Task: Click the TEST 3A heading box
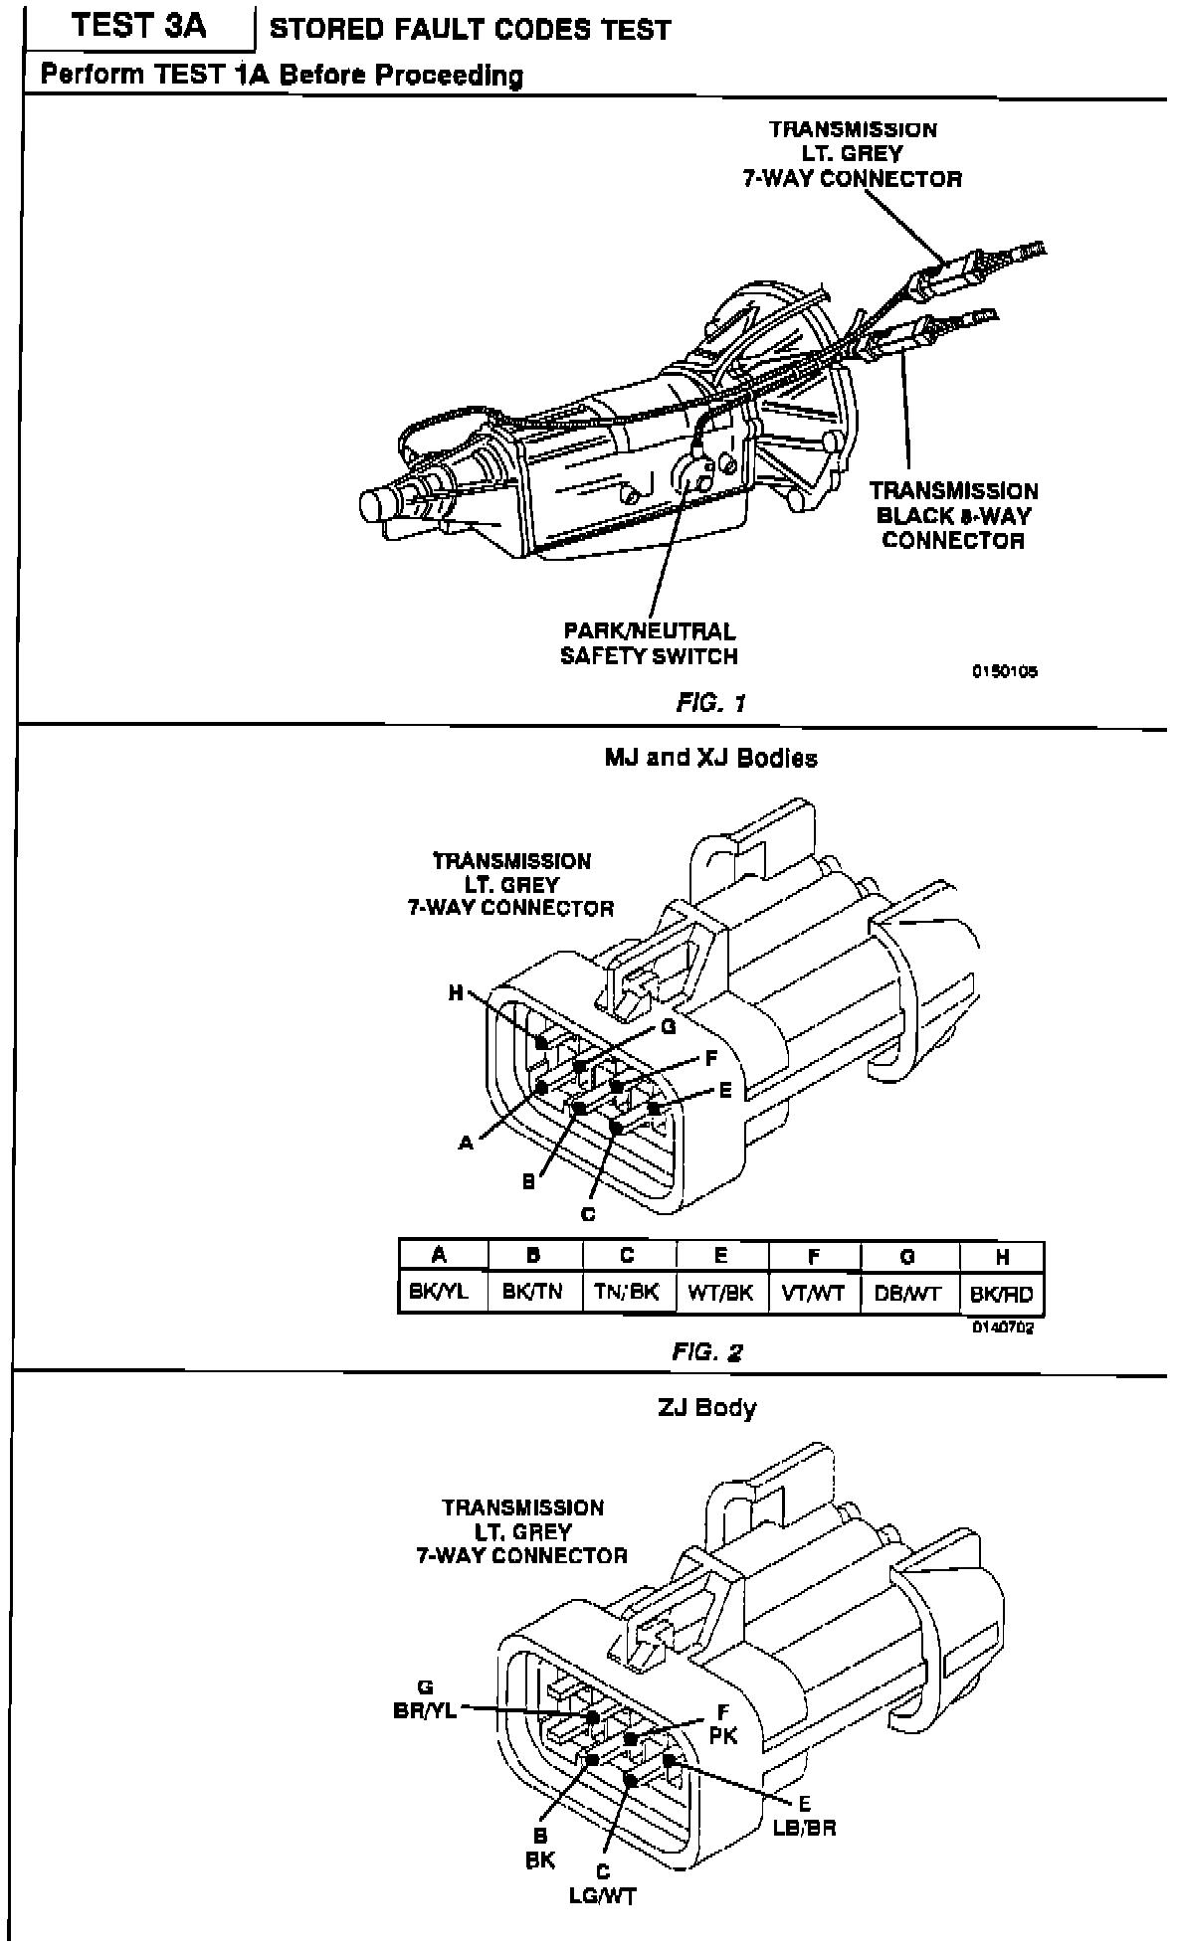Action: pyautogui.click(x=139, y=27)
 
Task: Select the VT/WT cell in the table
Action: pyautogui.click(x=815, y=1294)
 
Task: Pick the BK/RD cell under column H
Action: pyautogui.click(x=1002, y=1295)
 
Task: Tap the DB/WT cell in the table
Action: pyautogui.click(x=907, y=1294)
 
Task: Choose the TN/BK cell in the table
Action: pyautogui.click(x=627, y=1293)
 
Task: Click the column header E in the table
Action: pyautogui.click(x=721, y=1256)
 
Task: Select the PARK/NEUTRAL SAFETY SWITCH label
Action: pyautogui.click(x=649, y=643)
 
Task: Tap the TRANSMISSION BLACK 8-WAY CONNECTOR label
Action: pyautogui.click(x=953, y=515)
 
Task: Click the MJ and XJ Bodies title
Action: pyautogui.click(x=710, y=758)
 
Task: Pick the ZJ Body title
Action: pyautogui.click(x=706, y=1407)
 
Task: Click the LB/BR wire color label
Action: pyautogui.click(x=804, y=1829)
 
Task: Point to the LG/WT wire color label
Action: pyautogui.click(x=602, y=1896)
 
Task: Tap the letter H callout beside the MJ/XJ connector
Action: pyautogui.click(x=456, y=991)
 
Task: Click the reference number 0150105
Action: pyautogui.click(x=1005, y=671)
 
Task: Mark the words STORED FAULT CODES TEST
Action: pyautogui.click(x=470, y=30)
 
